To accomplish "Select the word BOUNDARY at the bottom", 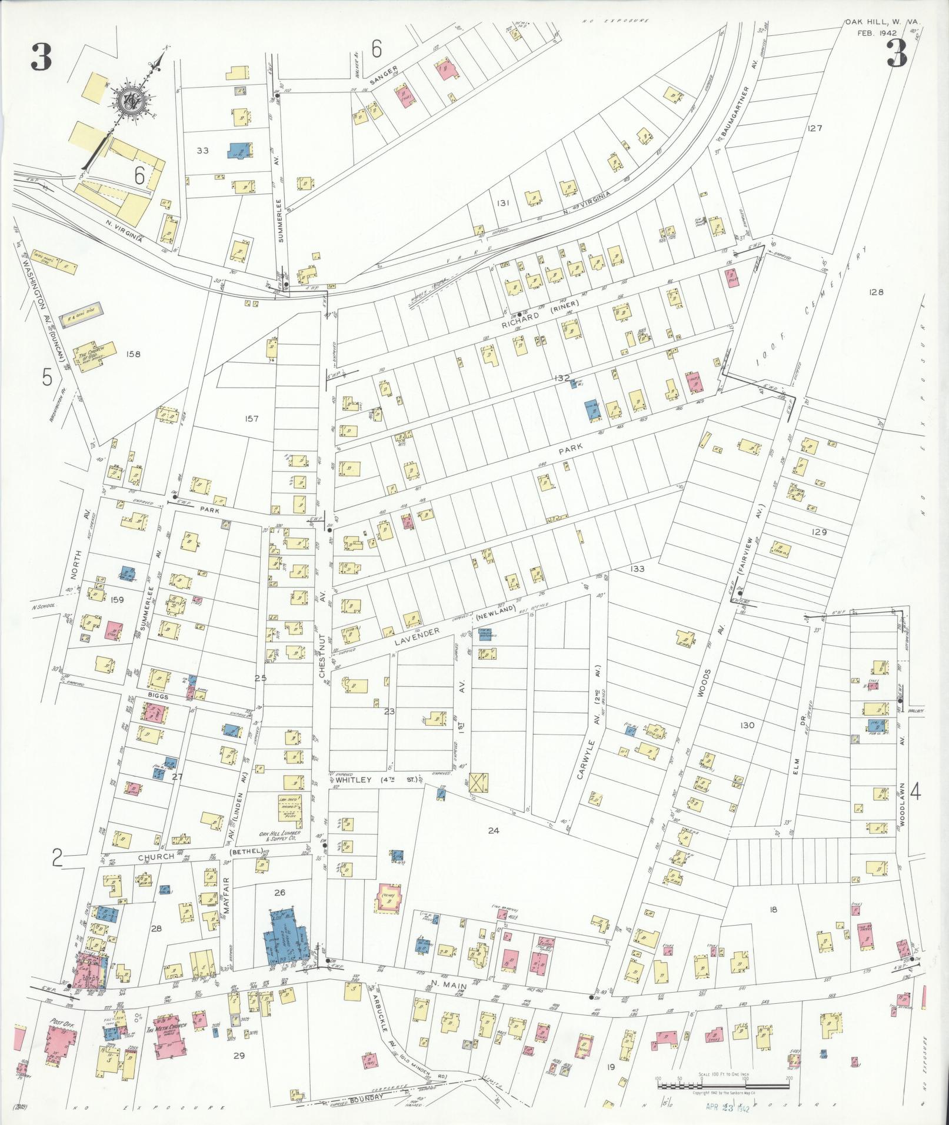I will tap(367, 1098).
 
